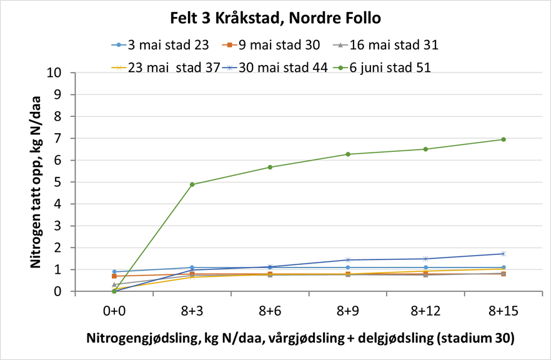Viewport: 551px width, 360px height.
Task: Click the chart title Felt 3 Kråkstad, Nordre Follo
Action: coord(275,18)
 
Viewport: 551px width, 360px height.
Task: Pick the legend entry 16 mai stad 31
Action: coord(393,44)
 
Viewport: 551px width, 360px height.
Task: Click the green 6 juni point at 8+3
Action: coord(192,184)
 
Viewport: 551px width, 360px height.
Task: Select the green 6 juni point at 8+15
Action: coord(503,139)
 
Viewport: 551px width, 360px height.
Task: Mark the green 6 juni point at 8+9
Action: coord(347,154)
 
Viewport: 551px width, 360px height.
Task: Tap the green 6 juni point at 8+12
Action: coord(425,149)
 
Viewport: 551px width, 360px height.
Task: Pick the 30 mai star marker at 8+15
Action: coord(503,254)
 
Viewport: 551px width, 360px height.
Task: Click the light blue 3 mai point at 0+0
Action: coord(114,272)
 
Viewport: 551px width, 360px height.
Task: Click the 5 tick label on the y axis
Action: coord(64,182)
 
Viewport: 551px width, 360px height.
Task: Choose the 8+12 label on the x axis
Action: coord(425,310)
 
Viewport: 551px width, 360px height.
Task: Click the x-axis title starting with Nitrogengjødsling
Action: coord(300,338)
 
